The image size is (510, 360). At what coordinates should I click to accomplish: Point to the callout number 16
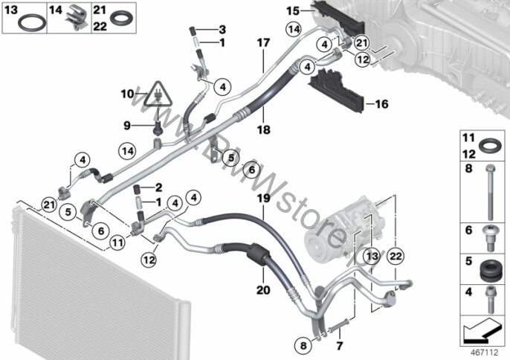[381, 105]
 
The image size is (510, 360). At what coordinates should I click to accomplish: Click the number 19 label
[262, 199]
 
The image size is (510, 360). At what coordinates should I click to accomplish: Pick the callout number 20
[262, 289]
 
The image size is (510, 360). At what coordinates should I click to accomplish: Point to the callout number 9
[127, 123]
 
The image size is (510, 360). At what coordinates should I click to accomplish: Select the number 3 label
[221, 29]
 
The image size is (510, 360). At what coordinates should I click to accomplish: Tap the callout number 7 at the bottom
[339, 346]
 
